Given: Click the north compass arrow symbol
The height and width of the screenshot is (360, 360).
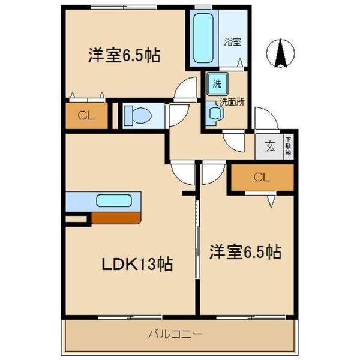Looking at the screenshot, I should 279,53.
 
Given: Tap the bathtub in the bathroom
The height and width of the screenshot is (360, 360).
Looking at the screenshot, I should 203,38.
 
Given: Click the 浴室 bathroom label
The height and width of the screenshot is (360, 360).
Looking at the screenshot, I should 232,43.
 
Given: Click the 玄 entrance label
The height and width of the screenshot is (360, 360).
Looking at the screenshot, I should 270,146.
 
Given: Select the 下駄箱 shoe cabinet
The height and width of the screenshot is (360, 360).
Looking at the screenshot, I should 288,146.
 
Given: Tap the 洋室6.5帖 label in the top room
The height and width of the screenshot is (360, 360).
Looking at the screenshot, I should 124,56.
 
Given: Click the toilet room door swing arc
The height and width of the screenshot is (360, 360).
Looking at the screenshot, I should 178,114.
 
